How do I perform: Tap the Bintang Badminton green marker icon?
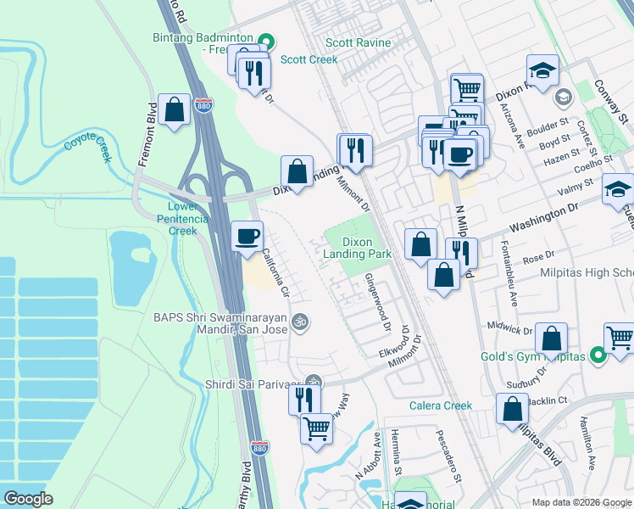pos(266,40)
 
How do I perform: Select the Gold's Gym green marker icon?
pos(599,356)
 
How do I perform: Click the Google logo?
pos(28,499)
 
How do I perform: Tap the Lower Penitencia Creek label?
pos(177,218)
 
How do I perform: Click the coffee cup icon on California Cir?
pos(247,237)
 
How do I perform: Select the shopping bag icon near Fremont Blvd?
pos(174,109)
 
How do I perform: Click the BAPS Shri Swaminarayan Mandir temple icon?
pos(298,322)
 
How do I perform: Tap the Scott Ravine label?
pos(359,43)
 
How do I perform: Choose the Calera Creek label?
pos(440,406)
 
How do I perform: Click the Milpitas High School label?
pos(587,273)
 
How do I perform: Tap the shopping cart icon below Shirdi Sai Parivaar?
pos(316,428)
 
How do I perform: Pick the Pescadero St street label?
pos(448,457)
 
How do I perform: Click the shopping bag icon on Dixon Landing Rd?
pos(298,171)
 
